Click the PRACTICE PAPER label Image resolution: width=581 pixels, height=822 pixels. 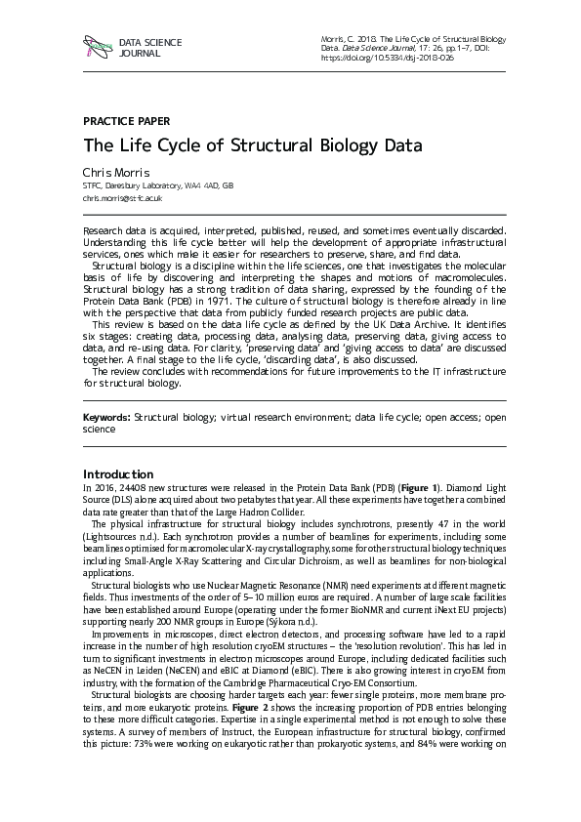tap(126, 121)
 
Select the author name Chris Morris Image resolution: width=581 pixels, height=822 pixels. tap(115, 172)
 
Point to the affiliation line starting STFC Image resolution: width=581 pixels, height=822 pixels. tap(158, 185)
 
